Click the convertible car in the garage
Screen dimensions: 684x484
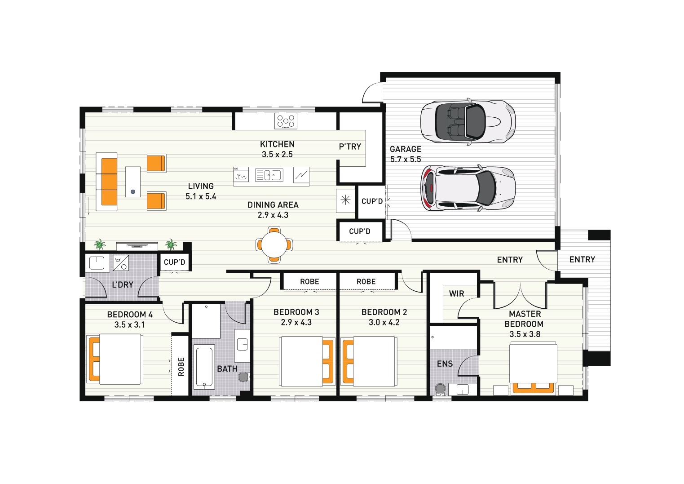click(x=468, y=121)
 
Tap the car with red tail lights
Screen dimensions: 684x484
click(x=468, y=188)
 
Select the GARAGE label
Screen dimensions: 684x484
click(x=406, y=149)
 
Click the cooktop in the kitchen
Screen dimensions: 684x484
click(x=286, y=121)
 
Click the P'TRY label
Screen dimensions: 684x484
click(x=350, y=147)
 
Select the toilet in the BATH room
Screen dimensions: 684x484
click(x=244, y=377)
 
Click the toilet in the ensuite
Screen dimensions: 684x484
click(x=440, y=389)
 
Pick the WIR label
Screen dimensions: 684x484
click(x=456, y=293)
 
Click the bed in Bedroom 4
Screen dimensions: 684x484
click(x=115, y=360)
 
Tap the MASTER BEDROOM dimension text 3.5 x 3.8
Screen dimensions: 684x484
click(x=525, y=334)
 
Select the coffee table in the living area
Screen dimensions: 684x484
click(x=133, y=182)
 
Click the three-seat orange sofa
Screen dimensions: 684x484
click(x=106, y=182)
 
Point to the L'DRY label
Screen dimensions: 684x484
click(x=123, y=285)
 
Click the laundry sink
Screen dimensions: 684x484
click(x=97, y=263)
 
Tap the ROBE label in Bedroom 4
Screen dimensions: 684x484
click(x=181, y=367)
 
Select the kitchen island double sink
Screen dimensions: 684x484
click(x=269, y=175)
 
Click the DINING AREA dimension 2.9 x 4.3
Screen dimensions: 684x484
click(x=273, y=215)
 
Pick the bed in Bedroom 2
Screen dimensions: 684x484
click(x=369, y=361)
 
